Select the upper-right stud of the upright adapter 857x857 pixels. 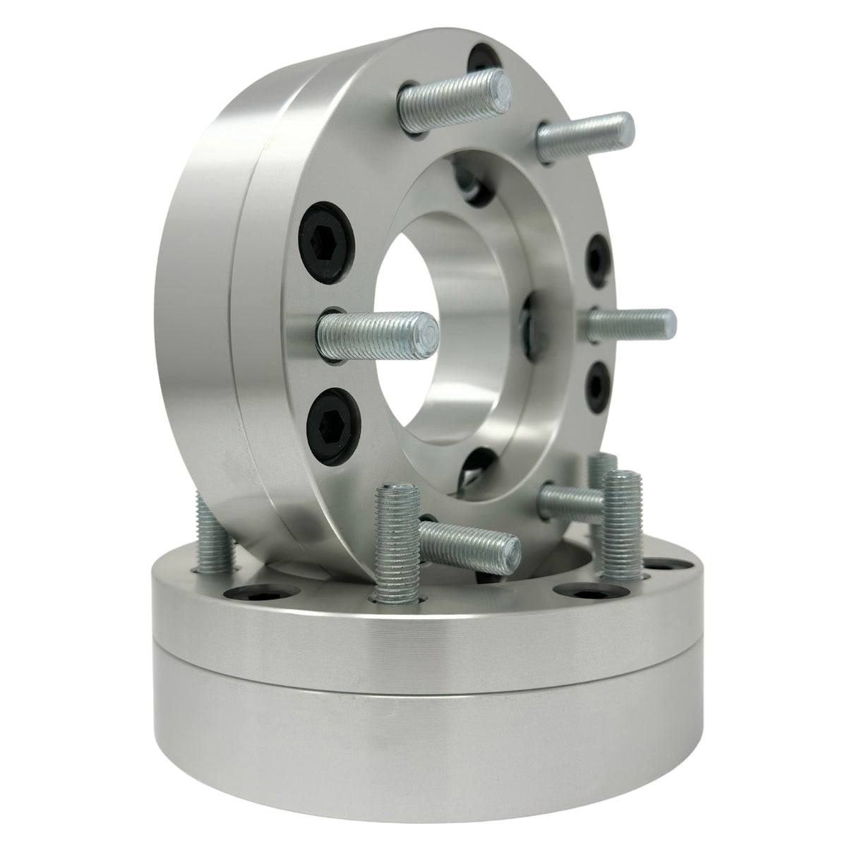586,135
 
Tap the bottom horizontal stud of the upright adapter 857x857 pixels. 469,540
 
